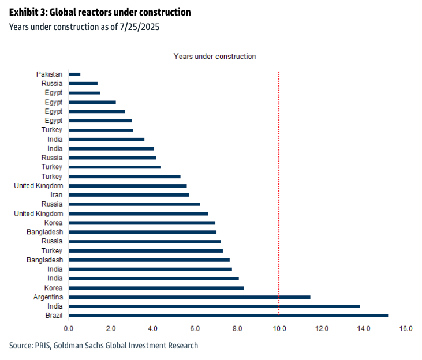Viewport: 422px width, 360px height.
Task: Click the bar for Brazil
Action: pyautogui.click(x=228, y=316)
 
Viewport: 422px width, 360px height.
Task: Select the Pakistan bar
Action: pyautogui.click(x=74, y=74)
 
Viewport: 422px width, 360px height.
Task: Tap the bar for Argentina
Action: pyautogui.click(x=189, y=297)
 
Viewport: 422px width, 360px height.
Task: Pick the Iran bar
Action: pyautogui.click(x=129, y=195)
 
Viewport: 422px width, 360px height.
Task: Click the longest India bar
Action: pyautogui.click(x=214, y=306)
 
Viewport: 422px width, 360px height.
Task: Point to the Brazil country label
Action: pyautogui.click(x=54, y=316)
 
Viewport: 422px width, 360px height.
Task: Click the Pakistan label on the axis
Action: pyautogui.click(x=49, y=74)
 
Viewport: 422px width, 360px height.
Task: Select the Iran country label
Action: pyautogui.click(x=56, y=195)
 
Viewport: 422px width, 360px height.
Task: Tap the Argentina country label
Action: pyautogui.click(x=48, y=297)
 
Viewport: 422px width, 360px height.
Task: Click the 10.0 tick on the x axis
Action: pyautogui.click(x=279, y=329)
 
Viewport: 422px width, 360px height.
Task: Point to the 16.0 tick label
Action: pyautogui.click(x=406, y=329)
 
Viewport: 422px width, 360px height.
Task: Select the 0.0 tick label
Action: pyautogui.click(x=69, y=329)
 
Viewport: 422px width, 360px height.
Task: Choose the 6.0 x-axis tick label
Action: pyautogui.click(x=195, y=329)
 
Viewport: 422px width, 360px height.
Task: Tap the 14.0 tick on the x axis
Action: pyautogui.click(x=364, y=329)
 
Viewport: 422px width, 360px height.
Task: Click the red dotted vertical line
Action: pyautogui.click(x=279, y=173)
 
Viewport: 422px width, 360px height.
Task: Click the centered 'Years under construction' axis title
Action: pyautogui.click(x=215, y=57)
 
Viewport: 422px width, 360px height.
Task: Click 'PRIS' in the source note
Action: pyautogui.click(x=47, y=346)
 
